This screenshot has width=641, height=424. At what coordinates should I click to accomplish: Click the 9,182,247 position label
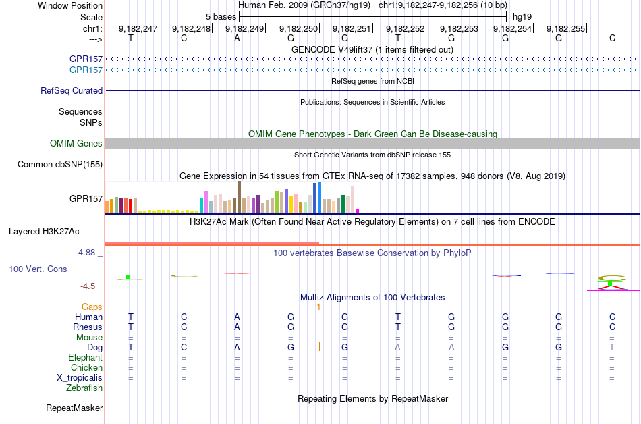138,28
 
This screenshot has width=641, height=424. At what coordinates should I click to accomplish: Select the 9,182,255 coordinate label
566,28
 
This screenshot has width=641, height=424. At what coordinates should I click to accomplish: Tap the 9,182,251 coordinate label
352,28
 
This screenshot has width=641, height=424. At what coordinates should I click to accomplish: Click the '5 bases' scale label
221,16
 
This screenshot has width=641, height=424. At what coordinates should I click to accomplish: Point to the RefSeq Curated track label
72,90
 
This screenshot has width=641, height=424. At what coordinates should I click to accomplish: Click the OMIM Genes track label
76,143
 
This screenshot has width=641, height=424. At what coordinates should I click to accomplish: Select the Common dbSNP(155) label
60,164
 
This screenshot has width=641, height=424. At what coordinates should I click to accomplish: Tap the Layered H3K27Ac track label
44,231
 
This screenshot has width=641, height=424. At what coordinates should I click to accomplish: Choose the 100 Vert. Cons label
38,269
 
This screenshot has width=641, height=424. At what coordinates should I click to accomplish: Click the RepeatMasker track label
74,408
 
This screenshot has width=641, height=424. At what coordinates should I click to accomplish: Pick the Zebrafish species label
84,388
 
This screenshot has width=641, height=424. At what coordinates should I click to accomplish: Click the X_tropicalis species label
80,378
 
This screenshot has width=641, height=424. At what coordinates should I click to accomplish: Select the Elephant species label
85,358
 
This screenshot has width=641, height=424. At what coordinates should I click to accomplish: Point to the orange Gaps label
92,307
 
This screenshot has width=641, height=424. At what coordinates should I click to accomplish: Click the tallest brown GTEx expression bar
239,197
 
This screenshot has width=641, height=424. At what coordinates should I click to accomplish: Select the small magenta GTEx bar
358,210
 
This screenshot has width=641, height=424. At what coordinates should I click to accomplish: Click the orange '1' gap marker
318,307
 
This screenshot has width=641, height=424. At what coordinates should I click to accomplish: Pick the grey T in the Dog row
612,347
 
